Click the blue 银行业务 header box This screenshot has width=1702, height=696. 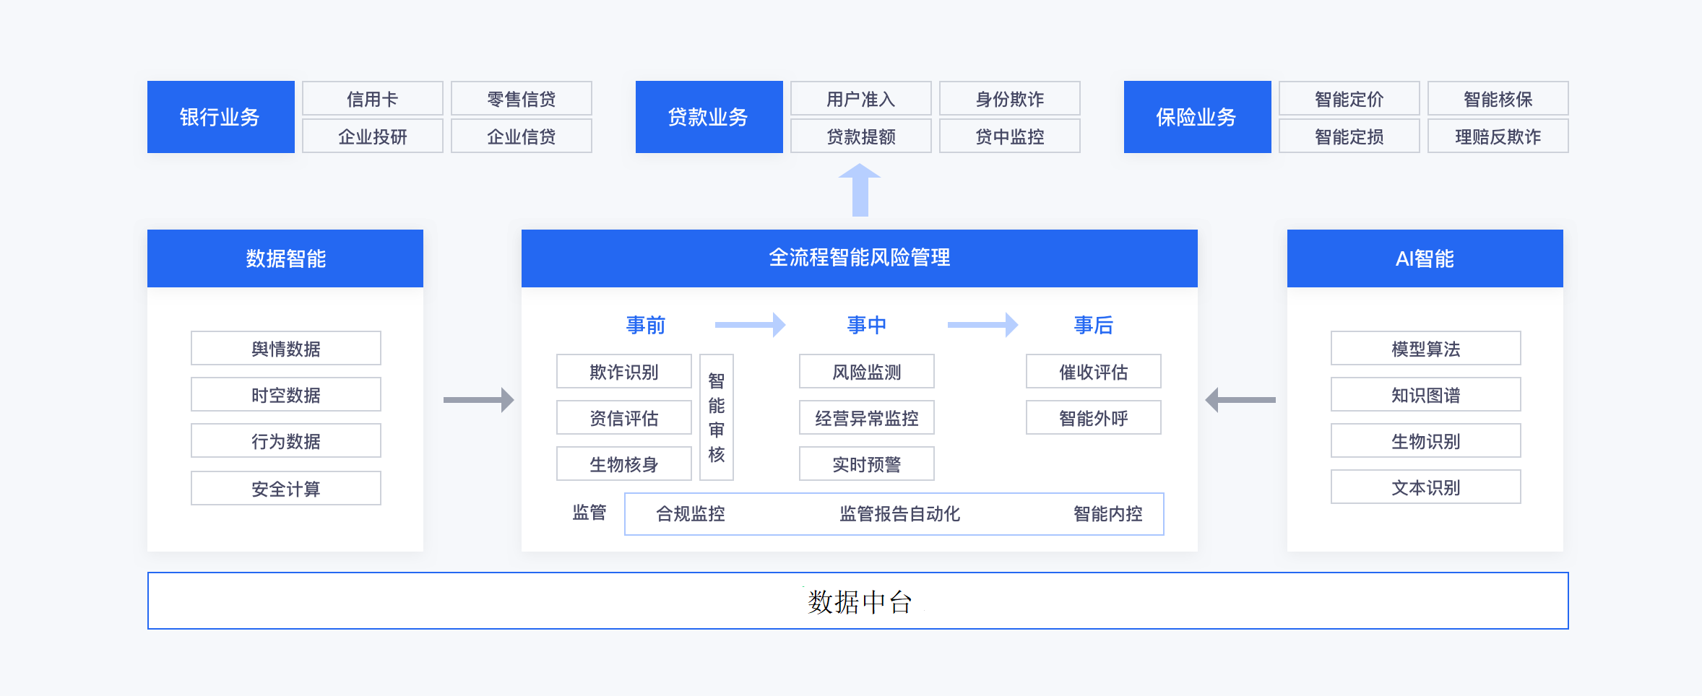coord(220,117)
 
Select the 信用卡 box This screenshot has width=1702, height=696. coord(373,98)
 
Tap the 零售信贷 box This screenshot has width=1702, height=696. coord(522,98)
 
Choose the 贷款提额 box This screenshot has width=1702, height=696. coord(861,136)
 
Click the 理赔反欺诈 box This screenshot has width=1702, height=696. coord(1498,136)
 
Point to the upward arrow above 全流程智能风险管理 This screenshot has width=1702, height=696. coord(860,190)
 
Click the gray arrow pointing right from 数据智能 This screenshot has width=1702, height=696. coord(478,399)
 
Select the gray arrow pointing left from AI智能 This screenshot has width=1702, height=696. coord(1240,399)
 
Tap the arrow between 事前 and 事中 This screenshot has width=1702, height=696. coord(750,325)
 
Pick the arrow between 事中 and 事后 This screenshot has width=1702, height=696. coord(982,325)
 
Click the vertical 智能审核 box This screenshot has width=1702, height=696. coord(717,417)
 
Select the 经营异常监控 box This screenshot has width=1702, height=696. coord(867,417)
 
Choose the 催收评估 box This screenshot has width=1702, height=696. coord(1094,371)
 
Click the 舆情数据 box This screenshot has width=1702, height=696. coord(286,348)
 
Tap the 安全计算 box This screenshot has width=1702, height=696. coord(286,488)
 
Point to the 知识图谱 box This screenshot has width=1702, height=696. coord(1426,394)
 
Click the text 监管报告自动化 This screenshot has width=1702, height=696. coord(900,514)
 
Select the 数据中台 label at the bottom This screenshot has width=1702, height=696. coord(860,601)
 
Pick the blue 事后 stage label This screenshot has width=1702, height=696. coord(1094,325)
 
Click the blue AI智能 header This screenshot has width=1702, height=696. coord(1425,258)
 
